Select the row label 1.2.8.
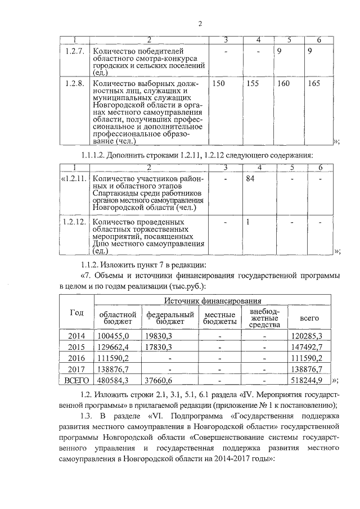74,84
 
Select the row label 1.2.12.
74,222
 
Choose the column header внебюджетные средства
264,318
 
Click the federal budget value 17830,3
158,347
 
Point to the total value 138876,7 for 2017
308,370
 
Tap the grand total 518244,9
308,381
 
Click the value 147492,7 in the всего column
308,347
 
